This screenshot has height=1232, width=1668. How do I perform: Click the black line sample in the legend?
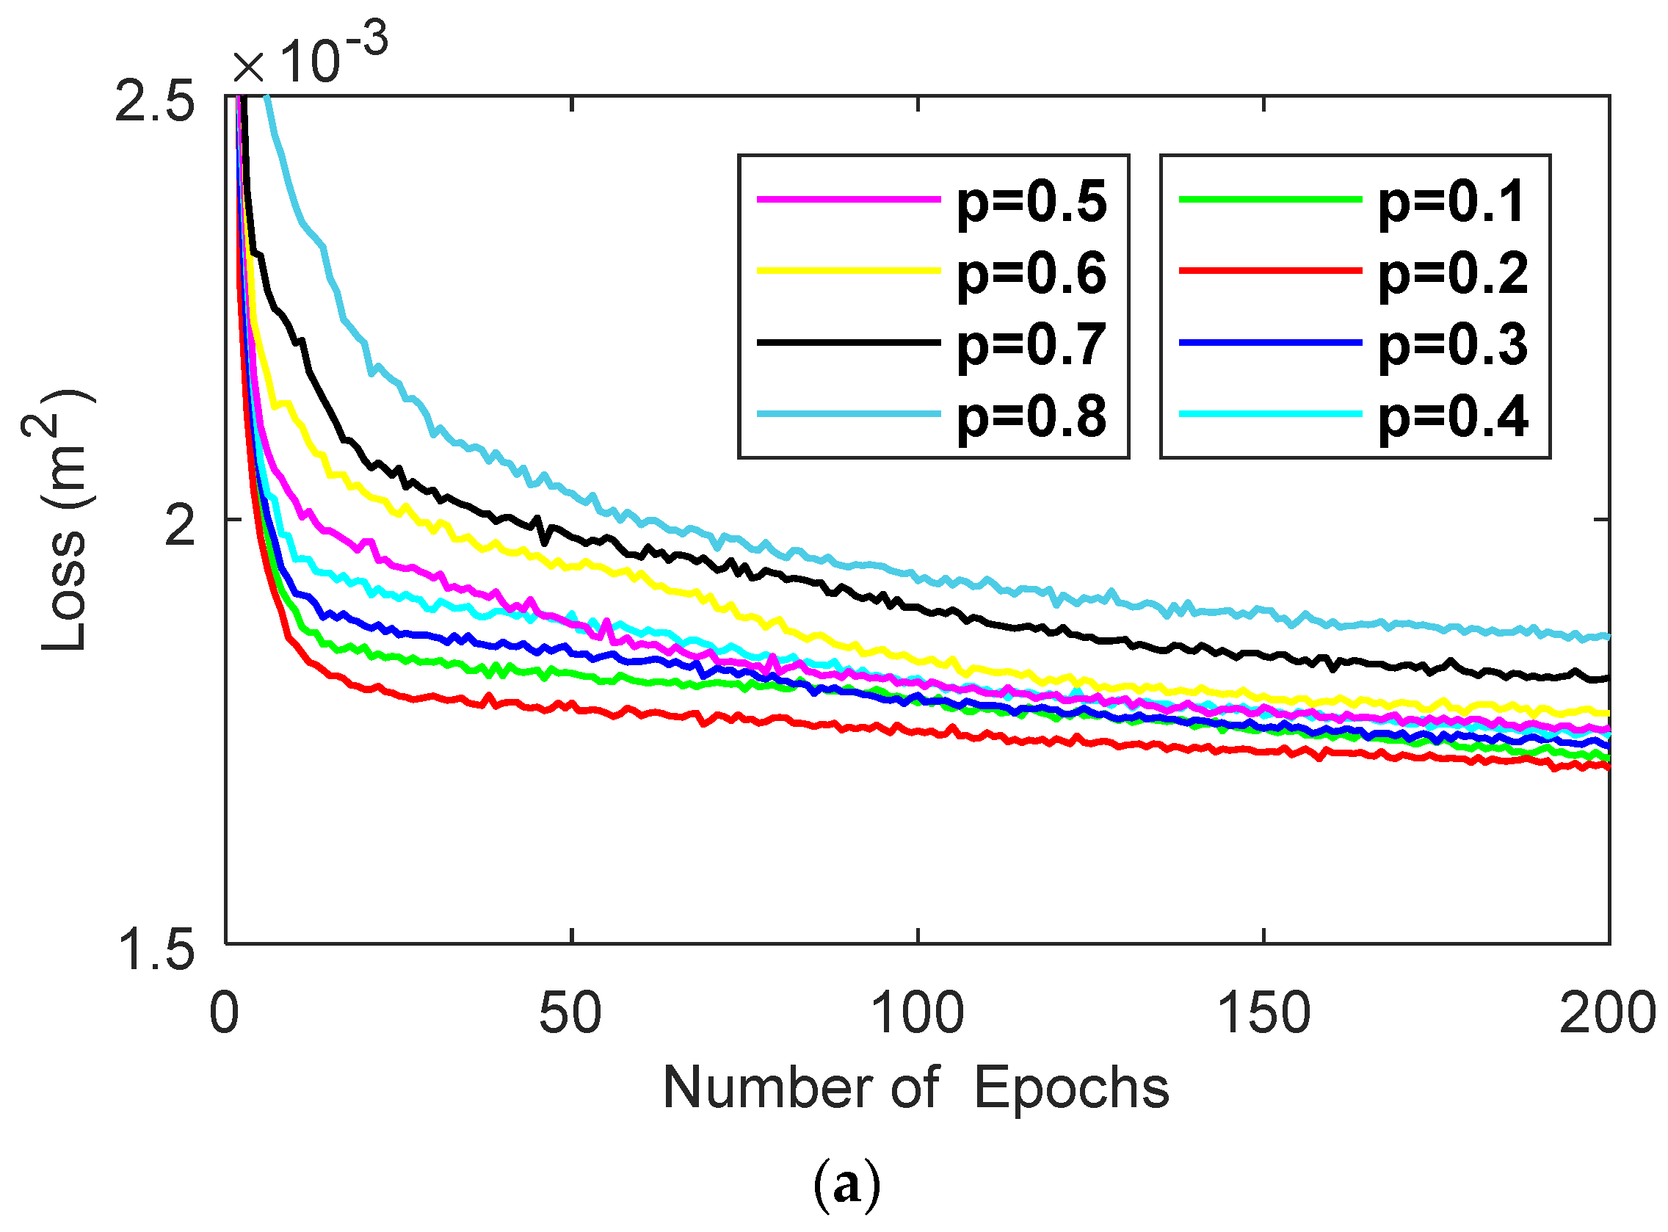(x=849, y=342)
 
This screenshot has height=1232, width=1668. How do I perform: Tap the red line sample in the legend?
(x=1270, y=271)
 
